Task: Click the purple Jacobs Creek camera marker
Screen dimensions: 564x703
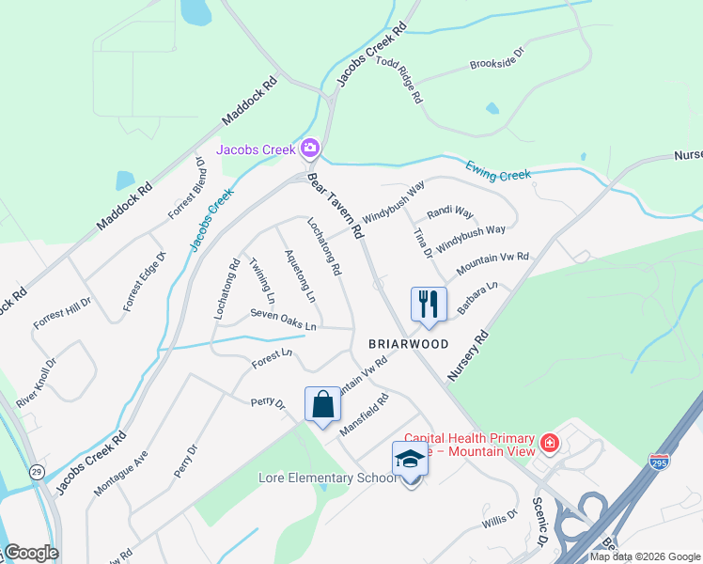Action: coord(310,149)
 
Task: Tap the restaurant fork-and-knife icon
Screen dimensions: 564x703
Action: coord(428,305)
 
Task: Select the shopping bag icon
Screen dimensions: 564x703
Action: coord(322,405)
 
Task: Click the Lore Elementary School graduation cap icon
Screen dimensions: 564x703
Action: coord(410,460)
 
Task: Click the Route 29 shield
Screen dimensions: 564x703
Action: coord(35,469)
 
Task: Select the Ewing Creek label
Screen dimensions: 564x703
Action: coord(498,171)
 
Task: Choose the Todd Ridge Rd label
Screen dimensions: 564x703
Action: coord(399,79)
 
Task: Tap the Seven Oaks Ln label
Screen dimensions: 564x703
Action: coord(284,321)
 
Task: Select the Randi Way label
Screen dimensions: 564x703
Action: coord(450,212)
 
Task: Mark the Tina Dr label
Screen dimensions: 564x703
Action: coord(422,242)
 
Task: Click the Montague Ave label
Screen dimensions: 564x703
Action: coord(120,472)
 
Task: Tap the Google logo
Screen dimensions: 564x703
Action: coord(30,553)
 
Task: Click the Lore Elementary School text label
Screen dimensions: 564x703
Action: coord(327,478)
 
